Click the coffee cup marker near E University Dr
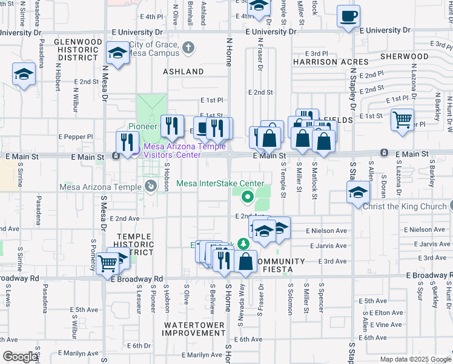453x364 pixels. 348,16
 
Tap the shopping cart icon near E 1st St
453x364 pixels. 402,119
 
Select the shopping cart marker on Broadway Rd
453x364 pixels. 108,263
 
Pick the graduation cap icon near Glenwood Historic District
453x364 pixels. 117,52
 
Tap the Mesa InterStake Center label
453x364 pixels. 220,183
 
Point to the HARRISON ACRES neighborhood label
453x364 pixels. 331,62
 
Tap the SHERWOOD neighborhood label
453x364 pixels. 404,56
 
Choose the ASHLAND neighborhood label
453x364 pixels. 184,72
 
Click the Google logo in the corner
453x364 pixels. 21,357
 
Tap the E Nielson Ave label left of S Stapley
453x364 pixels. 326,231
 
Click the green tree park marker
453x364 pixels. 243,244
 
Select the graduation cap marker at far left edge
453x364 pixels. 24,74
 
